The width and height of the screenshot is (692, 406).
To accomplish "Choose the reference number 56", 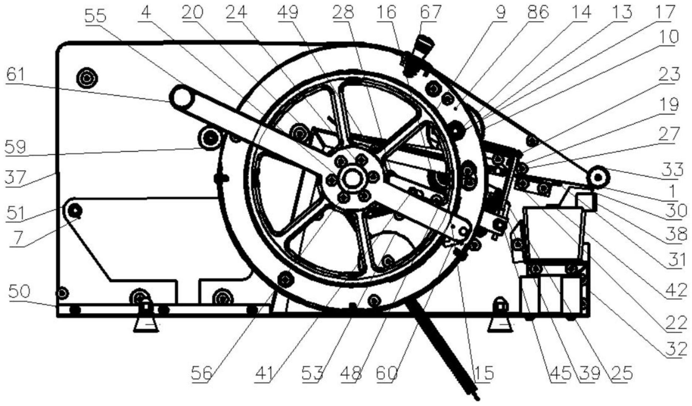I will [x=201, y=374].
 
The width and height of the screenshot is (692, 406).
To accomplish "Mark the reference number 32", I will [x=676, y=348].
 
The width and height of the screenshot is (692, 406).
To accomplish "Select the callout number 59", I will [x=15, y=147].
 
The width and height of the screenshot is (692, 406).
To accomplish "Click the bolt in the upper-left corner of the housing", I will [x=86, y=78].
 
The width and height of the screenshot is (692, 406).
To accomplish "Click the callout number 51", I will [x=15, y=213].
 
